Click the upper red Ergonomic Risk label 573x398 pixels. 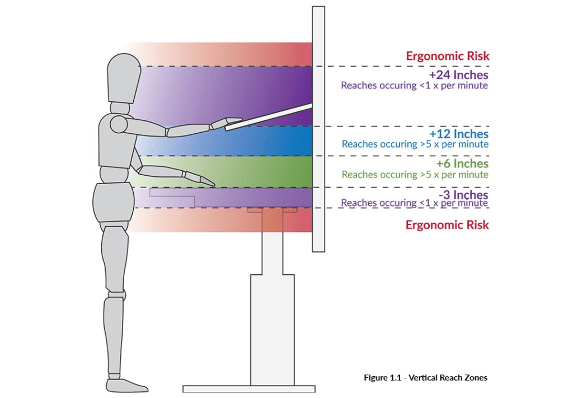pyautogui.click(x=447, y=56)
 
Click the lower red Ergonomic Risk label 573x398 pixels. pyautogui.click(x=447, y=225)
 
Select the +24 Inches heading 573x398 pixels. pyautogui.click(x=458, y=75)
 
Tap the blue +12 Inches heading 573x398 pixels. pyautogui.click(x=458, y=134)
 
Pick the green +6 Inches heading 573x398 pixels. pyautogui.click(x=462, y=163)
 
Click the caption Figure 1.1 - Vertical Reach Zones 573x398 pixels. pyautogui.click(x=425, y=378)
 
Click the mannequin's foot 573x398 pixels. pyautogui.click(x=126, y=386)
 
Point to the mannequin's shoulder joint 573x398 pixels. pyautogui.click(x=119, y=123)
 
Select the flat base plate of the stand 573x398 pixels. pyautogui.click(x=249, y=388)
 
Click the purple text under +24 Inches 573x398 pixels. pyautogui.click(x=414, y=86)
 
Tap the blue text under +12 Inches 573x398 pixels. pyautogui.click(x=415, y=144)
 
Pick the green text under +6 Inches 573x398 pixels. pyautogui.click(x=415, y=175)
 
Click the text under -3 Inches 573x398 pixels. pyautogui.click(x=414, y=203)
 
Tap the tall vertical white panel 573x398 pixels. pyautogui.click(x=318, y=168)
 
